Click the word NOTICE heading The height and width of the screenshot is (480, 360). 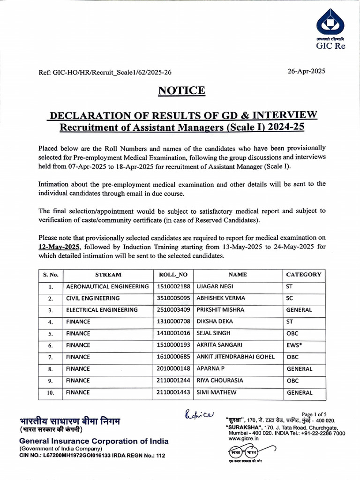(x=182, y=90)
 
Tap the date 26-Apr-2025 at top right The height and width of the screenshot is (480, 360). (x=306, y=71)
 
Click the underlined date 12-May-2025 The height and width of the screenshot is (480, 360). (x=60, y=247)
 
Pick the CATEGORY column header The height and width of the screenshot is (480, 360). (x=303, y=275)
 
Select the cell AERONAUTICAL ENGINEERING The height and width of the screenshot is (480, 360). (x=107, y=286)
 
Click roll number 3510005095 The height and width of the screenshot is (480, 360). (x=173, y=298)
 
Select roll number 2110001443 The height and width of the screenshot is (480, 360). (x=173, y=392)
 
